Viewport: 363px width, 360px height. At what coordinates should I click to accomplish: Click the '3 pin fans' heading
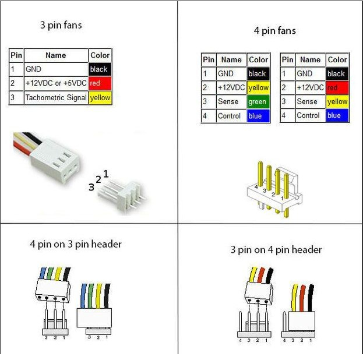tap(61, 25)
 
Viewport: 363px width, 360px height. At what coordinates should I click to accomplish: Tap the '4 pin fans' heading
tap(275, 31)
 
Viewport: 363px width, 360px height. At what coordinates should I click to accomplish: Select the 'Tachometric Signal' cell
tap(56, 98)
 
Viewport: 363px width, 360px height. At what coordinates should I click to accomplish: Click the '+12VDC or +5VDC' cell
tap(56, 83)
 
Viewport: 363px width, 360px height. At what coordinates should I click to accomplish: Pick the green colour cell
tap(258, 101)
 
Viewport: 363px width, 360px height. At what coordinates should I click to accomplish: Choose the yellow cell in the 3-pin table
tap(100, 98)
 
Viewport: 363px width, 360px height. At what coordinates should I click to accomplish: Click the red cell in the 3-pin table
tap(100, 83)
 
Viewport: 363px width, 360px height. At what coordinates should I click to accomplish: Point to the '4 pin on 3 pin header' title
tap(76, 244)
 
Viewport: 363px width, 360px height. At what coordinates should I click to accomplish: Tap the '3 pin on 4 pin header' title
tap(276, 250)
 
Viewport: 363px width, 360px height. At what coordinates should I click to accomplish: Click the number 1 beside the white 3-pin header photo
tap(106, 174)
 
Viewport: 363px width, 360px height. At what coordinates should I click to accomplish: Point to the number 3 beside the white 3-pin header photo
tap(91, 187)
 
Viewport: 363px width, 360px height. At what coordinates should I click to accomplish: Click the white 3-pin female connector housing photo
tap(55, 160)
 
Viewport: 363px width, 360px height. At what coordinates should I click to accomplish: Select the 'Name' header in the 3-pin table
tap(56, 55)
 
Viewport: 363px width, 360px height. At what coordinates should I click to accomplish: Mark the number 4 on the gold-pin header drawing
tap(256, 187)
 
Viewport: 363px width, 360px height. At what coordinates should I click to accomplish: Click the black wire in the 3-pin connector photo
tap(33, 137)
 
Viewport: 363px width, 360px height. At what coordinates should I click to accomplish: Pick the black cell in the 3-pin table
tap(100, 69)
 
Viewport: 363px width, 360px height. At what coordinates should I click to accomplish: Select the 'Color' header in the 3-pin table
tap(100, 55)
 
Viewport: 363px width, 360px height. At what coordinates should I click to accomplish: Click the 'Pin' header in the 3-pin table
tap(16, 55)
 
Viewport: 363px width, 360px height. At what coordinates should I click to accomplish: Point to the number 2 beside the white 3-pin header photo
tap(98, 179)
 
